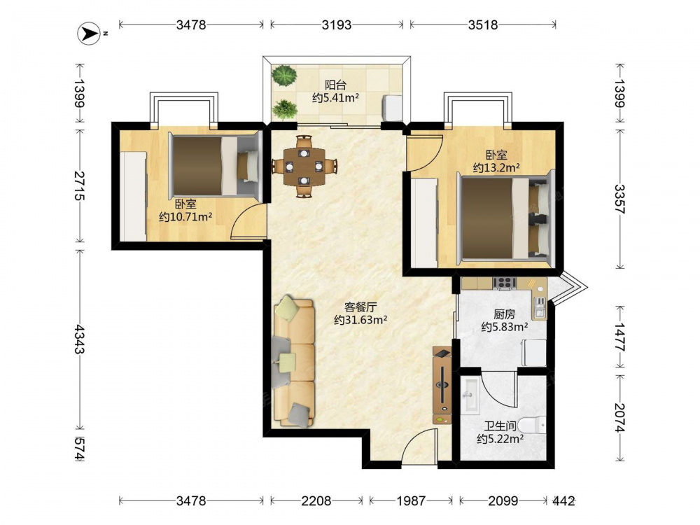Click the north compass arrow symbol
89,34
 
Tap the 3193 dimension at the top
337,24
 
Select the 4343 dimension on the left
80,339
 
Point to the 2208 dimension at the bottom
316,501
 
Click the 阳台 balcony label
335,85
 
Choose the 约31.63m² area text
360,320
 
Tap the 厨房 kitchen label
505,314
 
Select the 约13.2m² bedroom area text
496,168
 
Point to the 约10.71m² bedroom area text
185,218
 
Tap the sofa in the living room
294,360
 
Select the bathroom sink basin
470,395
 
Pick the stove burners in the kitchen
505,283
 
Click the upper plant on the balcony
284,75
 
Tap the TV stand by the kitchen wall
442,385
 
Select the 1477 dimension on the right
620,337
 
